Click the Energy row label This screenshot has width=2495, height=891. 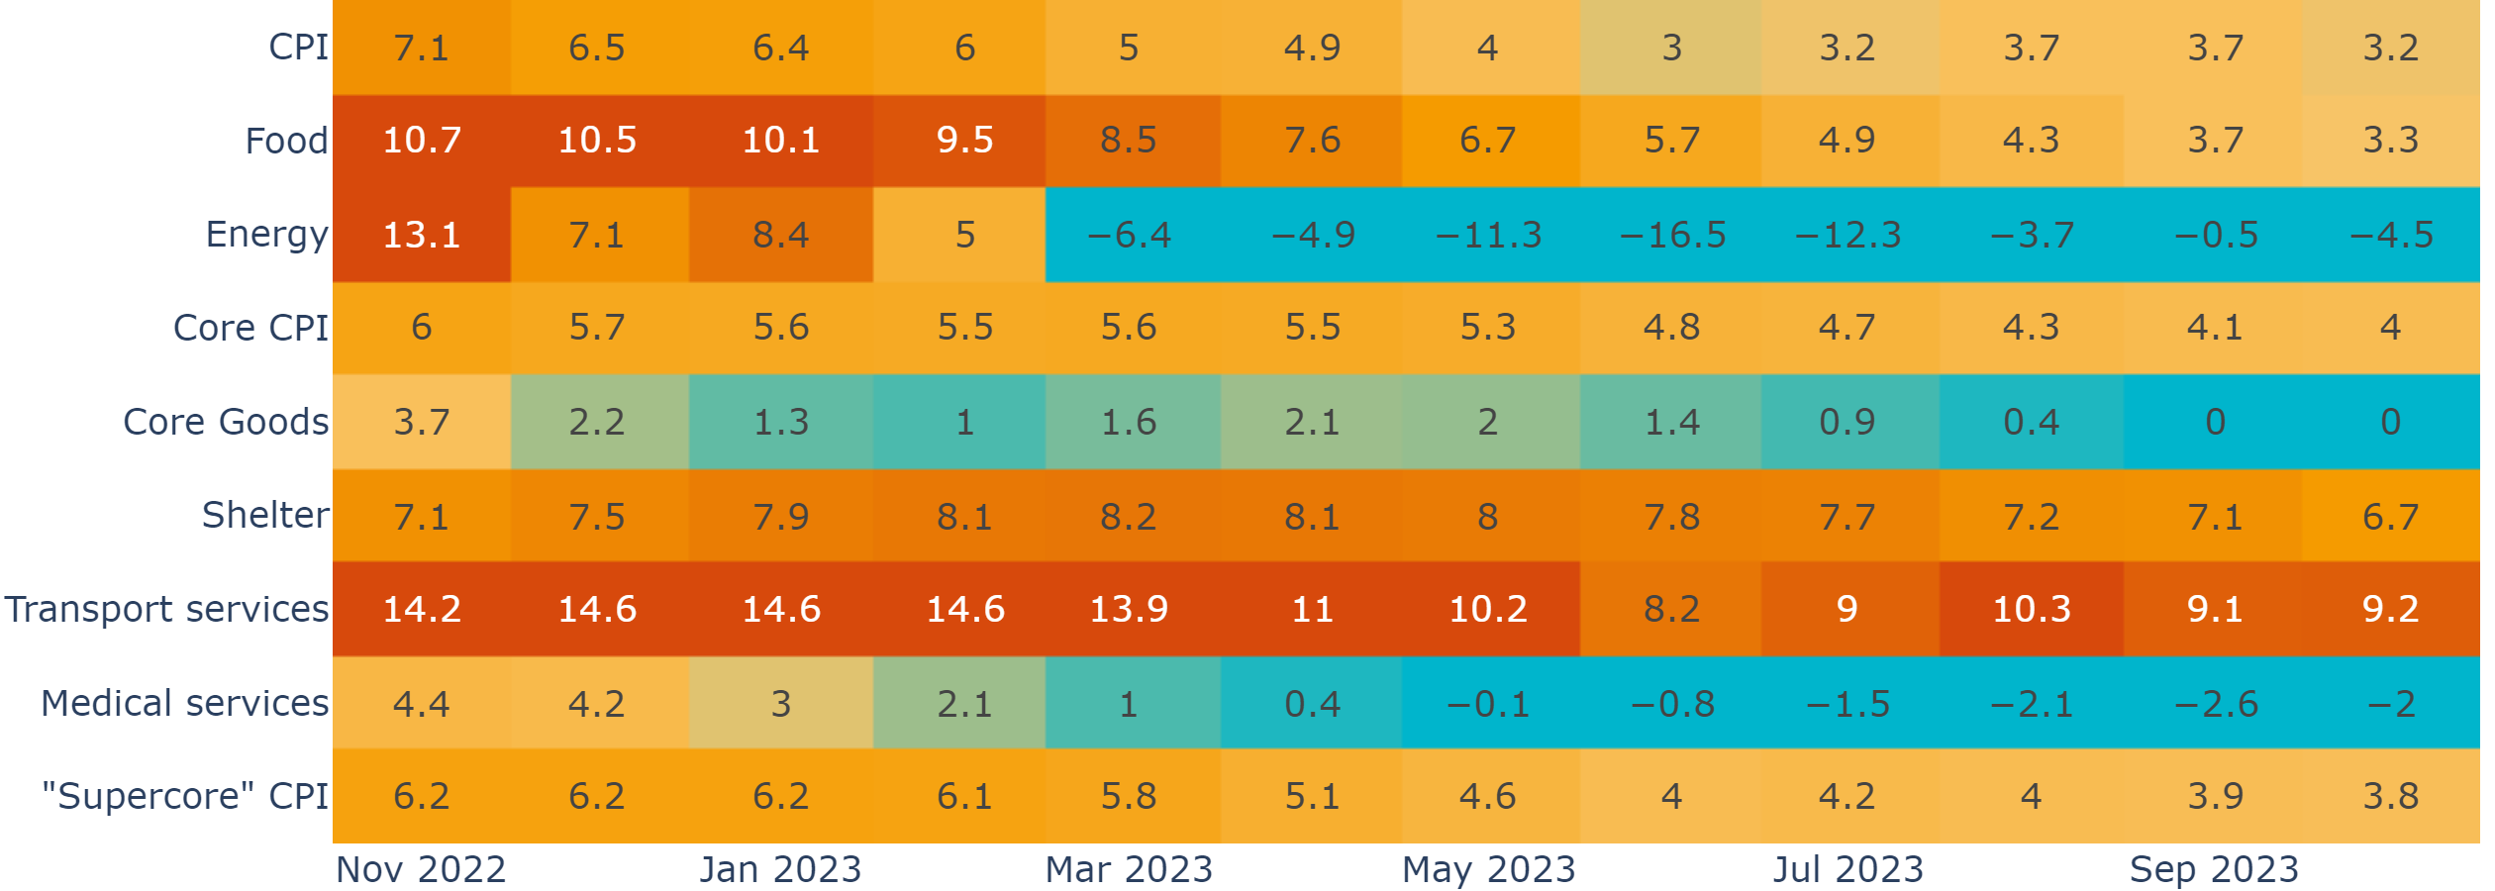[x=266, y=235]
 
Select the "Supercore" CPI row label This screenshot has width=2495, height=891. [x=184, y=796]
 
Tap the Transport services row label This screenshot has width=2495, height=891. [x=166, y=609]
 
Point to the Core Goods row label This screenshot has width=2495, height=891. [x=226, y=422]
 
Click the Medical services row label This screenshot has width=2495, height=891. [x=184, y=703]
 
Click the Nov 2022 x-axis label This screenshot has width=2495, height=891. [x=421, y=869]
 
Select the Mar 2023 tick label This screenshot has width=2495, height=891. [x=1129, y=869]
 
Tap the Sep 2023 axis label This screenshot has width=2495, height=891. [x=2214, y=869]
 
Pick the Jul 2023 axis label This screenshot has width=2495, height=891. [x=1847, y=869]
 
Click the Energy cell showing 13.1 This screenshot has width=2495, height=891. [x=422, y=235]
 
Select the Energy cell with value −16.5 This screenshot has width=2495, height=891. [x=1672, y=235]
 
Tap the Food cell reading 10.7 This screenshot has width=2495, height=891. [x=422, y=141]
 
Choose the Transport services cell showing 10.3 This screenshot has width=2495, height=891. [x=2031, y=609]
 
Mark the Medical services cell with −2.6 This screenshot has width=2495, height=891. [x=2215, y=703]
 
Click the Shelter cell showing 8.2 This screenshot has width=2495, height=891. [x=1129, y=516]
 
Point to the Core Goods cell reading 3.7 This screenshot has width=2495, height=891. [x=422, y=422]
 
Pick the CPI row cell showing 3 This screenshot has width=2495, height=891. [x=1672, y=48]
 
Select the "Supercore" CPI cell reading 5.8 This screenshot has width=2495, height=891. [x=1129, y=796]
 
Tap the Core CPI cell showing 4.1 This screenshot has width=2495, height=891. [x=2215, y=328]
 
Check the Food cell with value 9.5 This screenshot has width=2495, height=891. [x=964, y=141]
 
